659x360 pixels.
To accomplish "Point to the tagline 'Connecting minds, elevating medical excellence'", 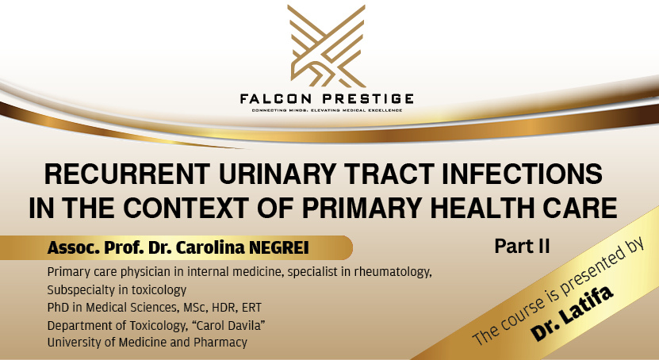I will click(328, 109).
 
